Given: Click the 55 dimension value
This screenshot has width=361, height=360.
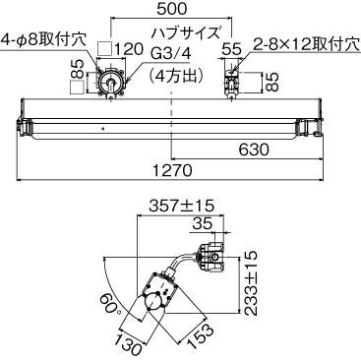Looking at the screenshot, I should (232, 46).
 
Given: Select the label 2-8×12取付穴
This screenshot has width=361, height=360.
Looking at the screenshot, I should (304, 43).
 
